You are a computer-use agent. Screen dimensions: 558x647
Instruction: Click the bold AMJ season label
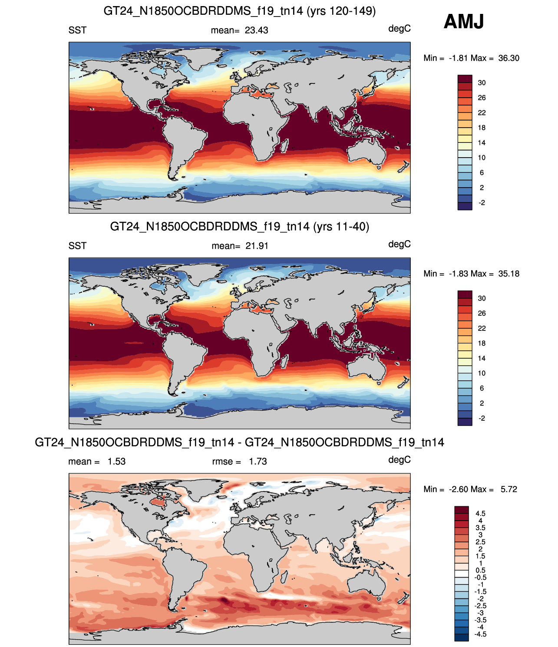click(x=463, y=21)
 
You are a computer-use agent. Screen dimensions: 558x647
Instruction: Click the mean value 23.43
click(x=256, y=30)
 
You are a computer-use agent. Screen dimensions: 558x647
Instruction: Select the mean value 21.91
click(x=257, y=246)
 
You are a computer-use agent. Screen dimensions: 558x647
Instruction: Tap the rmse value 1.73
click(x=258, y=462)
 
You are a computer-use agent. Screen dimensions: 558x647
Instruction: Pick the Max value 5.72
click(x=509, y=489)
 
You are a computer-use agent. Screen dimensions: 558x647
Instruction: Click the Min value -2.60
click(x=459, y=489)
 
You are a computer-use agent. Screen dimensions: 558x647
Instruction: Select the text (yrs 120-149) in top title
click(x=341, y=11)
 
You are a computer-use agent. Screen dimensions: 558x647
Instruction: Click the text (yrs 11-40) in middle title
click(x=341, y=227)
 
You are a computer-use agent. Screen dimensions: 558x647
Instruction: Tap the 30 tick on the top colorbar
click(x=482, y=83)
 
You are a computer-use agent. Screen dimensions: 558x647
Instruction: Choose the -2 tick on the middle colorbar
click(x=482, y=418)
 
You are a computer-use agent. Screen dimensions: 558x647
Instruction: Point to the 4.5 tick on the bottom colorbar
click(x=480, y=514)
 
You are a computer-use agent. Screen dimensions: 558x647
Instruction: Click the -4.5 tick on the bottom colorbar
click(x=480, y=634)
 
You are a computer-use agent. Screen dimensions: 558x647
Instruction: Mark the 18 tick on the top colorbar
click(x=482, y=128)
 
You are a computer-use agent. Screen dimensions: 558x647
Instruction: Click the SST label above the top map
click(x=77, y=30)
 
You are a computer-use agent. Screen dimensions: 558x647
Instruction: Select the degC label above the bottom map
click(x=400, y=460)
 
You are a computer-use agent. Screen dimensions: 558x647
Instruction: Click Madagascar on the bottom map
click(x=284, y=577)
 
